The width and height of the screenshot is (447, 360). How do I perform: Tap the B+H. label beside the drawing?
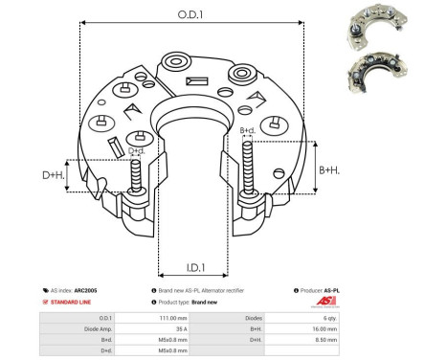pos(328,169)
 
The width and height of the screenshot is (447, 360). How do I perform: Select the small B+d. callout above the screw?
pos(247,130)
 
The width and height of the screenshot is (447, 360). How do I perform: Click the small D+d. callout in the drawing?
pos(138,151)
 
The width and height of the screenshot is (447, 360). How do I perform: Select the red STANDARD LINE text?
pos(74,302)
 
